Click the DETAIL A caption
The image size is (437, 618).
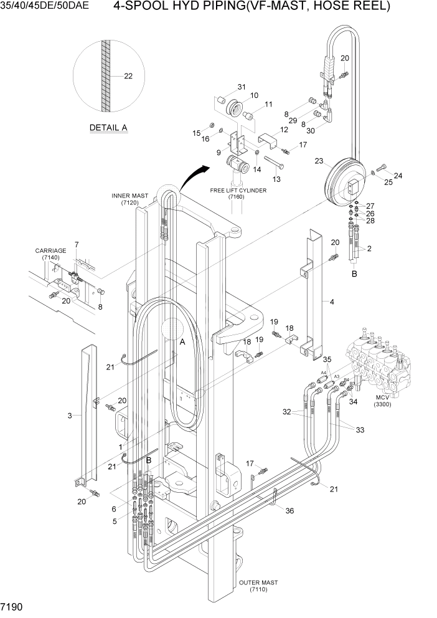pyautogui.click(x=108, y=128)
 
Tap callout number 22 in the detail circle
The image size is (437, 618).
pyautogui.click(x=128, y=77)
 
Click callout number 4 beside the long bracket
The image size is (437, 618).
pyautogui.click(x=332, y=302)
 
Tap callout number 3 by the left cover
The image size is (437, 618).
pyautogui.click(x=69, y=415)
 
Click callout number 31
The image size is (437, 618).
pyautogui.click(x=241, y=87)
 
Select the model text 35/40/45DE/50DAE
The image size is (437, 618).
pyautogui.click(x=44, y=6)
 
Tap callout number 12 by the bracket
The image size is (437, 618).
pyautogui.click(x=283, y=130)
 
